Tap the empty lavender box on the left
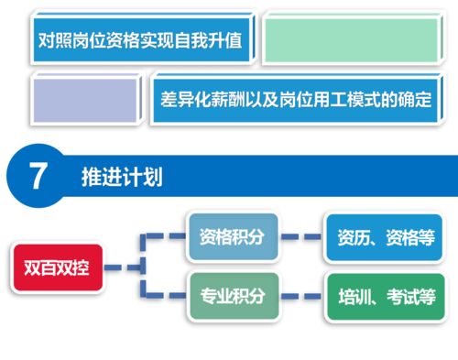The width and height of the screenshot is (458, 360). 87,98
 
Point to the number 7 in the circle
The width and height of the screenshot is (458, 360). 38,176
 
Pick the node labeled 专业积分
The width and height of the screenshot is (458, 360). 232,295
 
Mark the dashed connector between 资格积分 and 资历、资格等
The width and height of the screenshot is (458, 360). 301,237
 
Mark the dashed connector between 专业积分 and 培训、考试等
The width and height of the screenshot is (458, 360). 301,296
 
